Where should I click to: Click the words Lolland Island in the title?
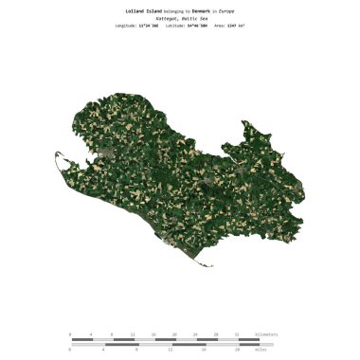click(x=143, y=10)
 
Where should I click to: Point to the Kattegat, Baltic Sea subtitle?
click(x=179, y=17)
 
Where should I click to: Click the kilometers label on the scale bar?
click(x=267, y=333)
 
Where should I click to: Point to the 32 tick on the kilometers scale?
click(x=238, y=333)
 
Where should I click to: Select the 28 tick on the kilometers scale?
click(x=217, y=333)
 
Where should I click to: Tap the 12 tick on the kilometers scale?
click(x=134, y=333)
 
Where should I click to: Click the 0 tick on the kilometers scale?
click(x=70, y=333)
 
